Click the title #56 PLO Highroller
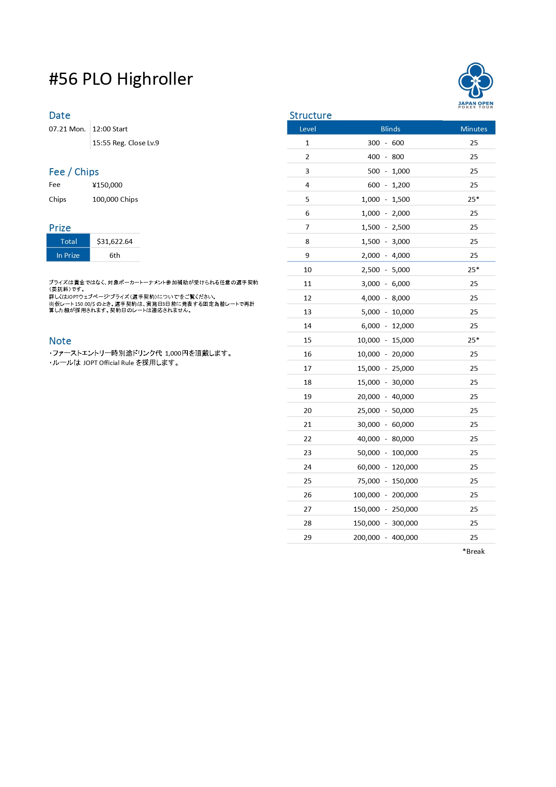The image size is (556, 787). coord(121,79)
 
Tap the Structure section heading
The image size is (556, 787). coord(310,115)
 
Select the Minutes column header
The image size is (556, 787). coord(473,129)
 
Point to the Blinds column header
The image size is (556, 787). coord(390,129)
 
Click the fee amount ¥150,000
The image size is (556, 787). coord(107,185)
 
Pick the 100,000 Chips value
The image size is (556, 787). coord(115,199)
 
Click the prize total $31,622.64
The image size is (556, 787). coord(115,241)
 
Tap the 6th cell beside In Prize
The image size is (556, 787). coord(115,255)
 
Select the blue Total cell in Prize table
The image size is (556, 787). coord(69,241)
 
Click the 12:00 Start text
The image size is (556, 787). coord(110,129)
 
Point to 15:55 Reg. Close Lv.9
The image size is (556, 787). coord(126,143)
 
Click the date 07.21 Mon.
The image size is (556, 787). coord(67,129)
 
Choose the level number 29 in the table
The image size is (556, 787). coord(307,537)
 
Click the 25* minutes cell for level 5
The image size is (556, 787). coord(473,199)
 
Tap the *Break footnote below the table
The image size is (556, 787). coord(473,551)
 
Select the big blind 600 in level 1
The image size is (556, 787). coord(398,143)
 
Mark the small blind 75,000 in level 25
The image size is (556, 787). coord(368,481)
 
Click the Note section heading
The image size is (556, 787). coord(60,341)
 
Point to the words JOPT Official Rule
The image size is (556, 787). coord(109,363)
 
